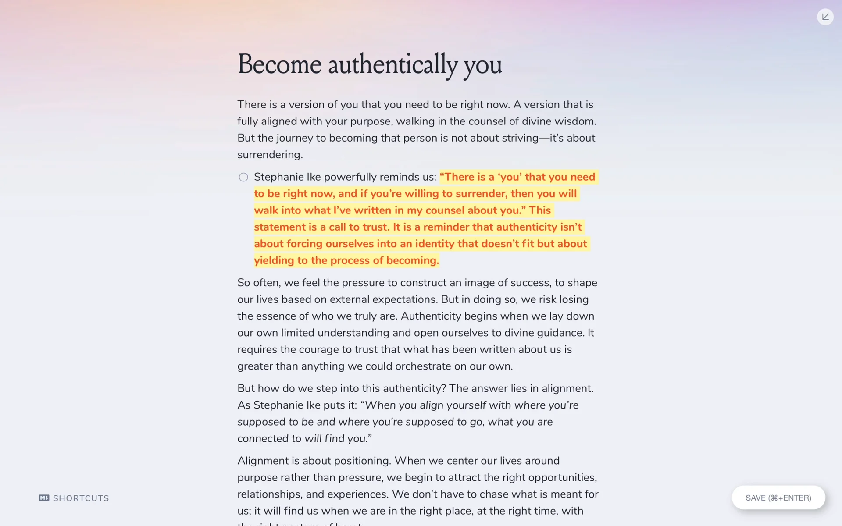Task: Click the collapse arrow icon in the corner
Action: pos(825,17)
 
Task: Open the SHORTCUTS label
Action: pos(81,498)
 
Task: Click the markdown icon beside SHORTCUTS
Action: pos(44,498)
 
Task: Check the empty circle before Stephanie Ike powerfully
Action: pos(243,177)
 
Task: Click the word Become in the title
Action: pos(279,64)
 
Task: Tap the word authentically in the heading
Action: pos(392,64)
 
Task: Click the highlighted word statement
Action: pos(279,227)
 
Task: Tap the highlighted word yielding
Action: pos(274,260)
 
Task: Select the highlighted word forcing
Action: pos(304,244)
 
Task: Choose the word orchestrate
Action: pos(423,366)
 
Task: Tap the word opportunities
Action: pos(562,477)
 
